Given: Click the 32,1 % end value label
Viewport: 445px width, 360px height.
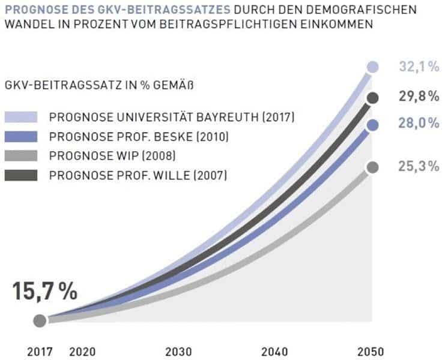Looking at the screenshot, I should [419, 67].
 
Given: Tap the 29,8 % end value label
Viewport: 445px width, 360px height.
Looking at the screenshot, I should [419, 97].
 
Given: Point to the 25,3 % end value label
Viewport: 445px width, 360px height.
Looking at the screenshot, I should [419, 166].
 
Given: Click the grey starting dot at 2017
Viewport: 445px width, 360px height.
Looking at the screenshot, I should [40, 320].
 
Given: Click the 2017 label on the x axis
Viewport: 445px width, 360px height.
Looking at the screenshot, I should [40, 352].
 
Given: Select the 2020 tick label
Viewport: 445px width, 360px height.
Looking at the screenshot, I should [82, 352].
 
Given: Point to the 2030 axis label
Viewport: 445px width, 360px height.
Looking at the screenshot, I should [178, 352].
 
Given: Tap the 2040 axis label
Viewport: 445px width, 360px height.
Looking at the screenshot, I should [275, 352].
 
